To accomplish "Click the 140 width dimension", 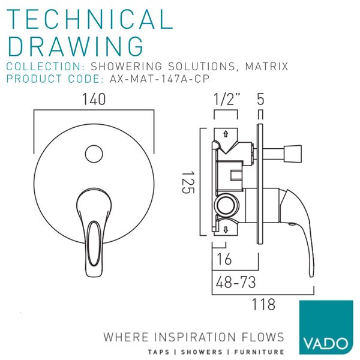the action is point(94,100).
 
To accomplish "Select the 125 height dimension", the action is point(188,183).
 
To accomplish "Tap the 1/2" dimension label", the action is point(226,100).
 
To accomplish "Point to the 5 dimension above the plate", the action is point(260,99).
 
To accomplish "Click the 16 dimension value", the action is point(224,259).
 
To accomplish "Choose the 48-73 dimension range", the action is point(236,282).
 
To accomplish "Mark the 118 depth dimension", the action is point(263,304).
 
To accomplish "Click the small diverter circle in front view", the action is point(94,154).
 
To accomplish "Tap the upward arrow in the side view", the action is point(226,134).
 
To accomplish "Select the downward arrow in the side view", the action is point(226,230).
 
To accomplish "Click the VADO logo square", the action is point(326,327).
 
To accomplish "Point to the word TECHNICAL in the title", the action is point(90,19).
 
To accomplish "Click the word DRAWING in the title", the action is point(76,46).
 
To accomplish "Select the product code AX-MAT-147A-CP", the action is point(160,79).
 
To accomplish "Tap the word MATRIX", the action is point(266,67).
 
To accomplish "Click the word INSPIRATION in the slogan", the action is point(196,337).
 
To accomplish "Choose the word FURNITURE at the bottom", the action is point(259,352).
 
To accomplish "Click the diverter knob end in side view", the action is point(293,154).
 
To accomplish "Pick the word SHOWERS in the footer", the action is point(202,352).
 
